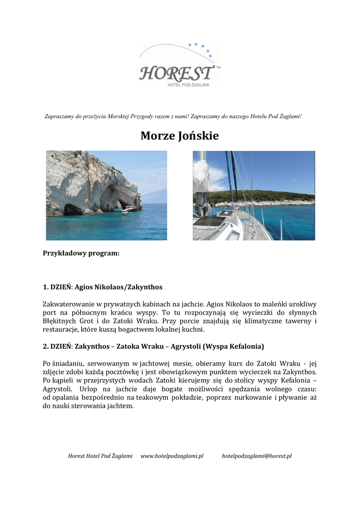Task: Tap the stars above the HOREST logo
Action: [203, 48]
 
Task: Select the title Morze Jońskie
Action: [180, 135]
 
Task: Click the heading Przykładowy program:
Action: [81, 253]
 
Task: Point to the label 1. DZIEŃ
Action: [58, 287]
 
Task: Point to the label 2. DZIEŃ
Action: [58, 346]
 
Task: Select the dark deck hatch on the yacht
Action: [210, 222]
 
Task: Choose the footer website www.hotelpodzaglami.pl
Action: [172, 456]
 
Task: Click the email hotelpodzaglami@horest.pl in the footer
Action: [256, 456]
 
